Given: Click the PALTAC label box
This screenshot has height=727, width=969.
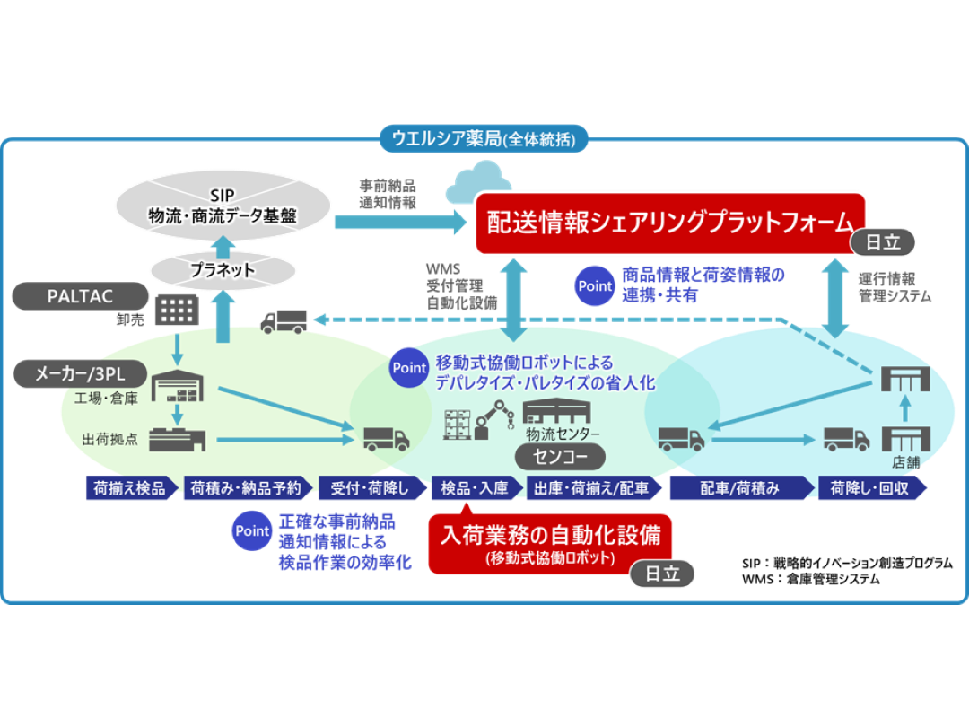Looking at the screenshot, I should pyautogui.click(x=81, y=295).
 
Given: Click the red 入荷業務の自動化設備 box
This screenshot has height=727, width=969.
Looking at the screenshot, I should pyautogui.click(x=550, y=542).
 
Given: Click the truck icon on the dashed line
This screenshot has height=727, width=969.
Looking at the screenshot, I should pyautogui.click(x=283, y=320).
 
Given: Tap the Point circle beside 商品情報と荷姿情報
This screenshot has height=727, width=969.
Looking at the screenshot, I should pyautogui.click(x=595, y=286).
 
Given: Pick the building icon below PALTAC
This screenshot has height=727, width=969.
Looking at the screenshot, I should pyautogui.click(x=177, y=311).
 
